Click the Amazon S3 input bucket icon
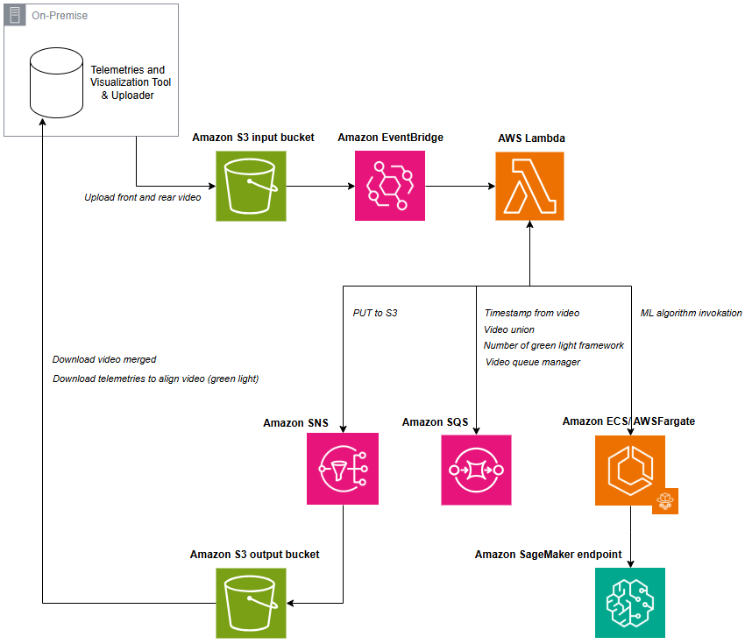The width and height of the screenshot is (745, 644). (251, 186)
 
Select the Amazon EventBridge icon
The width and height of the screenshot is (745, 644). (390, 186)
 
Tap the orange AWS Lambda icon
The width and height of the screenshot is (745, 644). (529, 186)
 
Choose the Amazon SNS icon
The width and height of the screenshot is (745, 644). (343, 469)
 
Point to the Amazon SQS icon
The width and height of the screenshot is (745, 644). (476, 469)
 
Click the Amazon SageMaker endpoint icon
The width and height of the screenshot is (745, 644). (629, 603)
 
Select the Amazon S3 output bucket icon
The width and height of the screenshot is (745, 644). (251, 603)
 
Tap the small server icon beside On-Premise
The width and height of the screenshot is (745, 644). (15, 15)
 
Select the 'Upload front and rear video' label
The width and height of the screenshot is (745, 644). (143, 197)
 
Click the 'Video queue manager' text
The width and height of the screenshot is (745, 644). (533, 362)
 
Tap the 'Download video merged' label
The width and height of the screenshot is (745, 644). (104, 359)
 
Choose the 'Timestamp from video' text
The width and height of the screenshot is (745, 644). (532, 313)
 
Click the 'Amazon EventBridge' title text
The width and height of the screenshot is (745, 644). (390, 138)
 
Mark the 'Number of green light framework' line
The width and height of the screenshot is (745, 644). (554, 345)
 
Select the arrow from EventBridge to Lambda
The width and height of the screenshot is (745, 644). (460, 186)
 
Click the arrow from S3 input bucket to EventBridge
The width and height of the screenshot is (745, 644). (320, 186)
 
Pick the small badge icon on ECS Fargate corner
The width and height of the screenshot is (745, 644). (666, 501)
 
